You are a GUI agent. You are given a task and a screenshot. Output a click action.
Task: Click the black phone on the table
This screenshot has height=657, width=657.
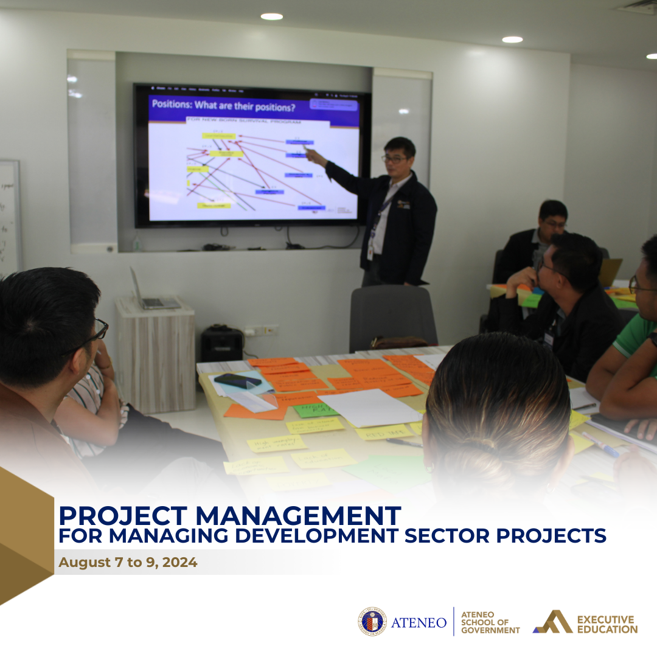click(237, 381)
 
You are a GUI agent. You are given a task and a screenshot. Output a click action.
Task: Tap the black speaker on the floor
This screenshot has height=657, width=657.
click(222, 344)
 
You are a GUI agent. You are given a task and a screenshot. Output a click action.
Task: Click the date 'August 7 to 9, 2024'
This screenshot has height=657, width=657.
click(128, 562)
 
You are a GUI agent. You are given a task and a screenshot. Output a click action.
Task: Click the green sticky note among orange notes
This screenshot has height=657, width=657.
click(315, 410)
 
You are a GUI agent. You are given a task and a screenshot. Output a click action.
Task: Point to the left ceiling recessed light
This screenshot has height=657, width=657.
click(271, 16)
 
